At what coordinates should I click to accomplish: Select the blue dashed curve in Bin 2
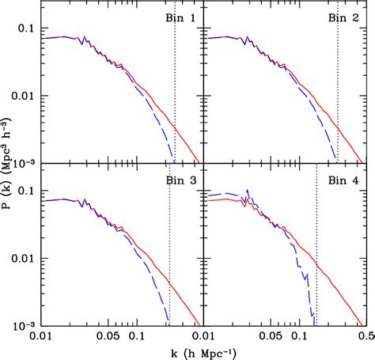(x=316, y=103)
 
